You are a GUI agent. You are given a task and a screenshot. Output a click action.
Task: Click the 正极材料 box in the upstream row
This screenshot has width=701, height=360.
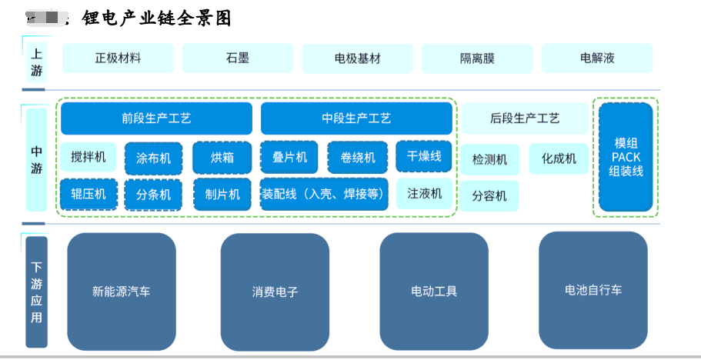pos(118,58)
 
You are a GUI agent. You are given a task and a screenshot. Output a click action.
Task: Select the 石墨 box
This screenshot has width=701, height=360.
pos(238,58)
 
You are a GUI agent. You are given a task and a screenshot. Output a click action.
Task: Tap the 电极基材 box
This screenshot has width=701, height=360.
pos(357,58)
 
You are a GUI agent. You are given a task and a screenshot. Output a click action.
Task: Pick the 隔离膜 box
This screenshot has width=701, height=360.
pos(477,58)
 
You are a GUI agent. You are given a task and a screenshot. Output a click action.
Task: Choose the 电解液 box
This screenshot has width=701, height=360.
pos(597,58)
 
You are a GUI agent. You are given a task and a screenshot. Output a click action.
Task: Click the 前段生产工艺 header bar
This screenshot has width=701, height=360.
pos(156,118)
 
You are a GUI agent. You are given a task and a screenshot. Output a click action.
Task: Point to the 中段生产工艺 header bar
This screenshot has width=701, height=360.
pos(356,118)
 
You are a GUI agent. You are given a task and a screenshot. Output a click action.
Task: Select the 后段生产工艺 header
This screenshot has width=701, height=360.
pos(525,118)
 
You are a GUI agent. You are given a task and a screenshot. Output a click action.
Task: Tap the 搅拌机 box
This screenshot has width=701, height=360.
pos(88,158)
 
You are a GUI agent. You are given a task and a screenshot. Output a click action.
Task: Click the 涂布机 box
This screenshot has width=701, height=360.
pos(154,158)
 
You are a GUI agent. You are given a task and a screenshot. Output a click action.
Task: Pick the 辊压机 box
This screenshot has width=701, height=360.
pos(88,195)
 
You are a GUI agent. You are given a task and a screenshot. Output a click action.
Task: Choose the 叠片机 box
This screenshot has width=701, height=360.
pos(290,157)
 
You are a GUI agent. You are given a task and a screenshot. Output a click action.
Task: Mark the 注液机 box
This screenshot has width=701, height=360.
pos(424,194)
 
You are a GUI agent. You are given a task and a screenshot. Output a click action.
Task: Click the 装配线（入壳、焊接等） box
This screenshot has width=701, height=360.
pos(323,194)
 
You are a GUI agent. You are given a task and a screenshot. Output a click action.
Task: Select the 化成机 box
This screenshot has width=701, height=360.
pos(559,159)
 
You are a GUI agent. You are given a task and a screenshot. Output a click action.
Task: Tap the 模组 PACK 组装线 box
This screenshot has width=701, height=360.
pos(626,157)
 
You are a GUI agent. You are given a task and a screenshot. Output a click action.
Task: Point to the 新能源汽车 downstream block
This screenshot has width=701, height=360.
pos(122,292)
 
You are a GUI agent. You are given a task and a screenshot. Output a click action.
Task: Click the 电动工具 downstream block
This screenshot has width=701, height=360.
pos(434,292)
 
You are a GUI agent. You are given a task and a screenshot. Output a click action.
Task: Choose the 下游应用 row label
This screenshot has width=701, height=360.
pos(36,292)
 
